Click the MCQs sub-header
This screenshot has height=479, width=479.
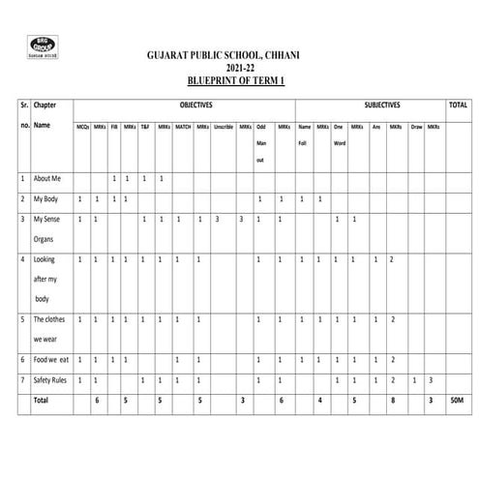pyautogui.click(x=82, y=127)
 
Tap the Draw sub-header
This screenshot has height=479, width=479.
pyautogui.click(x=416, y=127)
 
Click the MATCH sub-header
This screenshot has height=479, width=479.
pyautogui.click(x=181, y=127)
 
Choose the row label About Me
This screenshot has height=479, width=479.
pyautogui.click(x=48, y=179)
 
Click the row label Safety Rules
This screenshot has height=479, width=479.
pyautogui.click(x=52, y=379)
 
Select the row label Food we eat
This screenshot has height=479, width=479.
pyautogui.click(x=52, y=359)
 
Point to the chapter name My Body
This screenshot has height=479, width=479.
pyautogui.click(x=47, y=199)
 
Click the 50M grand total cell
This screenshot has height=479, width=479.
pyautogui.click(x=458, y=400)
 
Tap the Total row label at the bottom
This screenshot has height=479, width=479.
pyautogui.click(x=43, y=400)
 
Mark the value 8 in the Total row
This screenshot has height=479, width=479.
pyautogui.click(x=392, y=400)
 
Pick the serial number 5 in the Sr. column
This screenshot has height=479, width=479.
pyautogui.click(x=22, y=319)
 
